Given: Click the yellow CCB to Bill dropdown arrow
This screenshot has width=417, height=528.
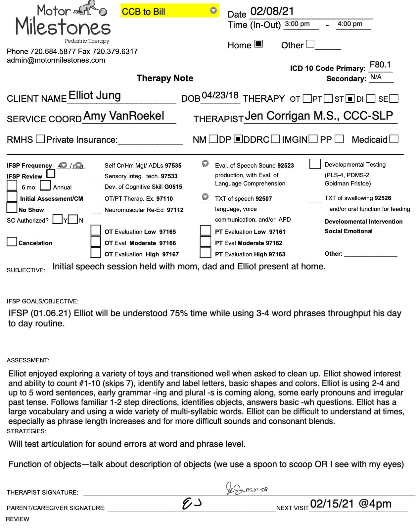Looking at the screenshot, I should pos(213,11).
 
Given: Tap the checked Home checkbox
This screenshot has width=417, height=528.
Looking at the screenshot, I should pos(258,44).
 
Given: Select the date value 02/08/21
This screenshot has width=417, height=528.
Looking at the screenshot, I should pos(272,12).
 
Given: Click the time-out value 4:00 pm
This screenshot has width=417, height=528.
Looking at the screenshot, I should pos(350,24).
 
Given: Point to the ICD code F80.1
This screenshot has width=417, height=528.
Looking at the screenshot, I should pos(380,65).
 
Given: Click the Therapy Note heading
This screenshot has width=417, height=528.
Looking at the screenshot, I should pos(165,78).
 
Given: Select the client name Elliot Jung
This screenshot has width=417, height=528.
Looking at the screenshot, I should pos(95,96).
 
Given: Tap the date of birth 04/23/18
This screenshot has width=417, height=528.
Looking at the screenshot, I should pos(220,95).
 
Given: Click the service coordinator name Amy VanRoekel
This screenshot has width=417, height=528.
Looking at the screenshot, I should pos(124,116).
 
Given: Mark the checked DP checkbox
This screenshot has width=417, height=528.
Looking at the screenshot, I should pos(238,139).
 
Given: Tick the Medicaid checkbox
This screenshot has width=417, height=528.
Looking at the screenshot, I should pos(394,139).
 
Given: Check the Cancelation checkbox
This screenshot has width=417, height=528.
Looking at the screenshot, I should pos(12,242).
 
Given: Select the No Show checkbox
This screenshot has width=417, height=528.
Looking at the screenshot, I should pos(12,208).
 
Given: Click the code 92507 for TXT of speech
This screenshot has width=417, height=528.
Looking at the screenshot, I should pos(263,199).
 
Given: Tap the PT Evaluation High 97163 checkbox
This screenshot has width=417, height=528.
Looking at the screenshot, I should pos(206,253).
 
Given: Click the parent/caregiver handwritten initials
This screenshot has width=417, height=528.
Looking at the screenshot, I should pos(192,504).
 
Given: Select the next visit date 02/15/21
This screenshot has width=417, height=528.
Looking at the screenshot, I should pos(332,504).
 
